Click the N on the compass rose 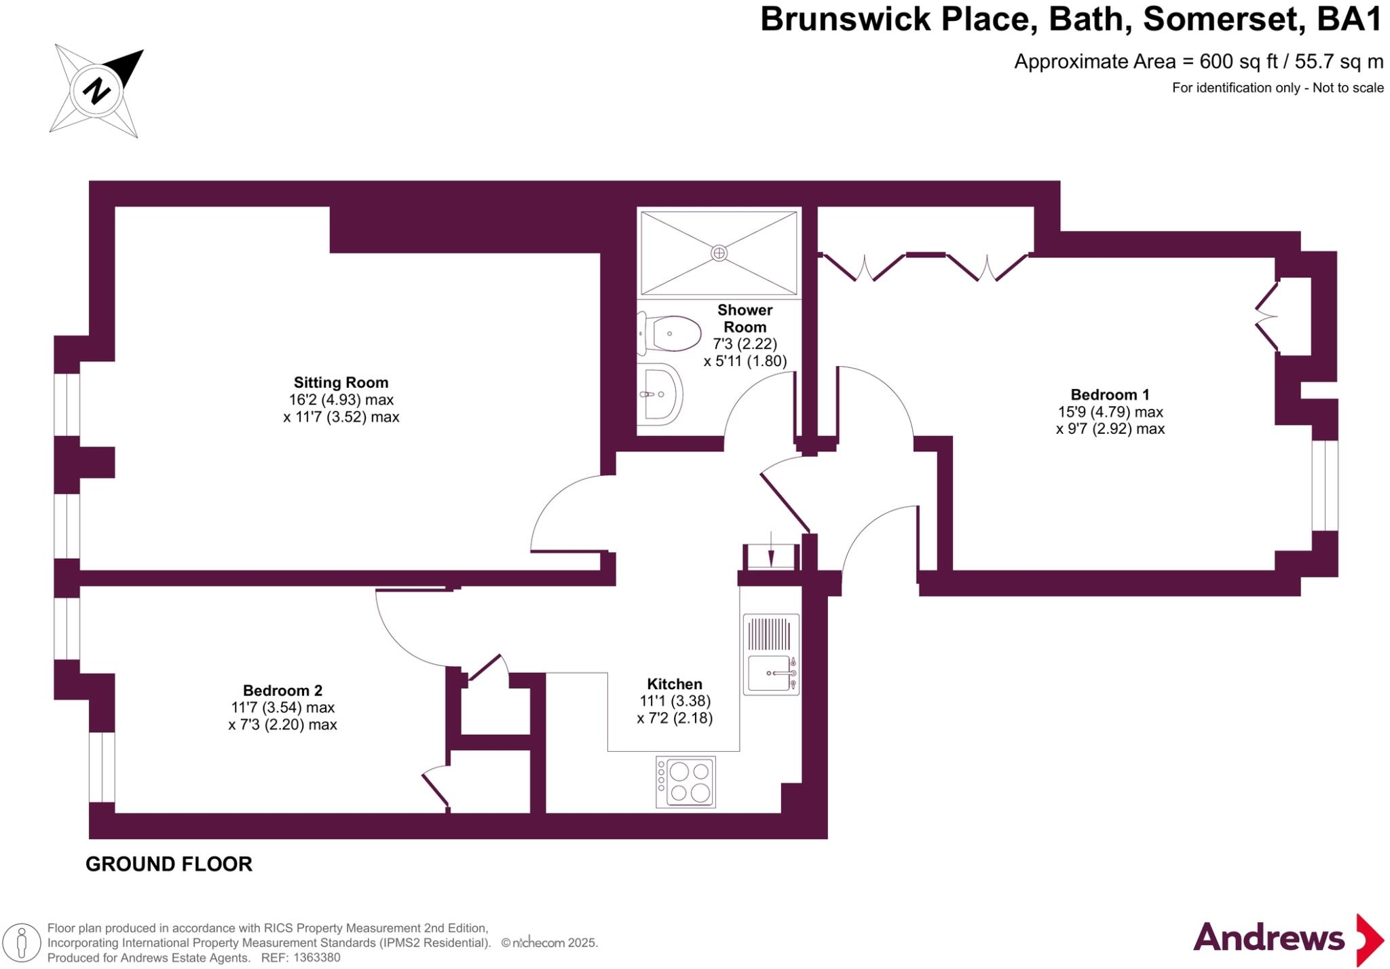point(96,90)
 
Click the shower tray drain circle point(719,253)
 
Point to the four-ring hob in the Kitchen point(685,782)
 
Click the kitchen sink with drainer point(771,655)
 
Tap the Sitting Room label point(341,382)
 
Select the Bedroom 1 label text point(1110,395)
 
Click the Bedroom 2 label point(282,691)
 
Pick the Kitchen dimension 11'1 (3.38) point(675,701)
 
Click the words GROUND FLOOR point(169,864)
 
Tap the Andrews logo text point(1269,938)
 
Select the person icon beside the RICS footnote point(22,943)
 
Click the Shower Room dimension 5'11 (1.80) point(745,361)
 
